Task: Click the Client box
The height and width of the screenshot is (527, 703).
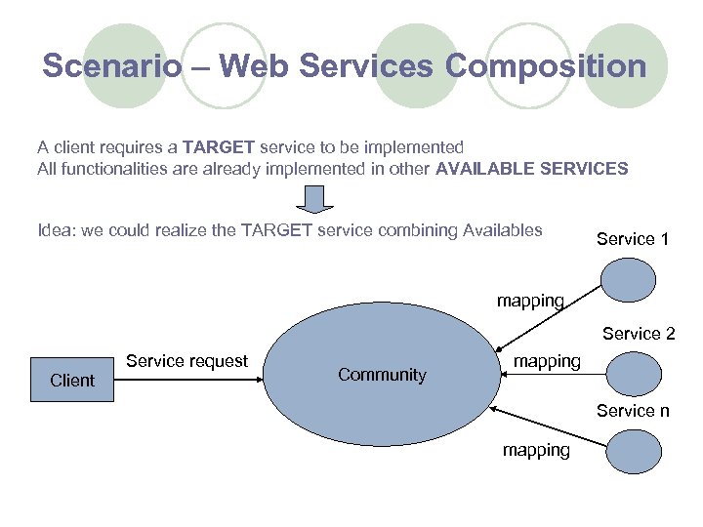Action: pos(72,380)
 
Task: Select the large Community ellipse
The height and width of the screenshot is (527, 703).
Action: pos(382,375)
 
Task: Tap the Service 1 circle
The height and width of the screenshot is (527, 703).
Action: pos(629,281)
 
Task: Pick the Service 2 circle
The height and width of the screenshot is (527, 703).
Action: pos(632,374)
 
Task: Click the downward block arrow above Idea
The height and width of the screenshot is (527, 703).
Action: pos(314,199)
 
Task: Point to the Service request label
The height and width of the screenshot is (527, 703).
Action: pos(186,361)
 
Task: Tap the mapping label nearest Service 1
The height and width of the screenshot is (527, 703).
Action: pos(530,301)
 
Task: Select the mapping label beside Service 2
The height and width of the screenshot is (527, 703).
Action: pos(547,361)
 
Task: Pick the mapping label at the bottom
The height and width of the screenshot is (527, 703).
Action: pos(536,450)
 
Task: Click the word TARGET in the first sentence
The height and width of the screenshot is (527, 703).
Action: pos(219,147)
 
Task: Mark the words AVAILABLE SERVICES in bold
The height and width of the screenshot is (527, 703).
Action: pos(532,168)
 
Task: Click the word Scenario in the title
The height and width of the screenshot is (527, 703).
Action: pos(112,66)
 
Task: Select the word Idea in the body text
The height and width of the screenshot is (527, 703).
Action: pos(54,230)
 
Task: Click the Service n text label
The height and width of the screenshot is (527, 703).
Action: pos(633,411)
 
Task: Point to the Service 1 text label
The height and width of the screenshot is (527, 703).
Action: pos(633,239)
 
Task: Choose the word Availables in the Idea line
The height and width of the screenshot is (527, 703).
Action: pos(502,230)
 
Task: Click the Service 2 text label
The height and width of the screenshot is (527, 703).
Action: pos(639,334)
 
